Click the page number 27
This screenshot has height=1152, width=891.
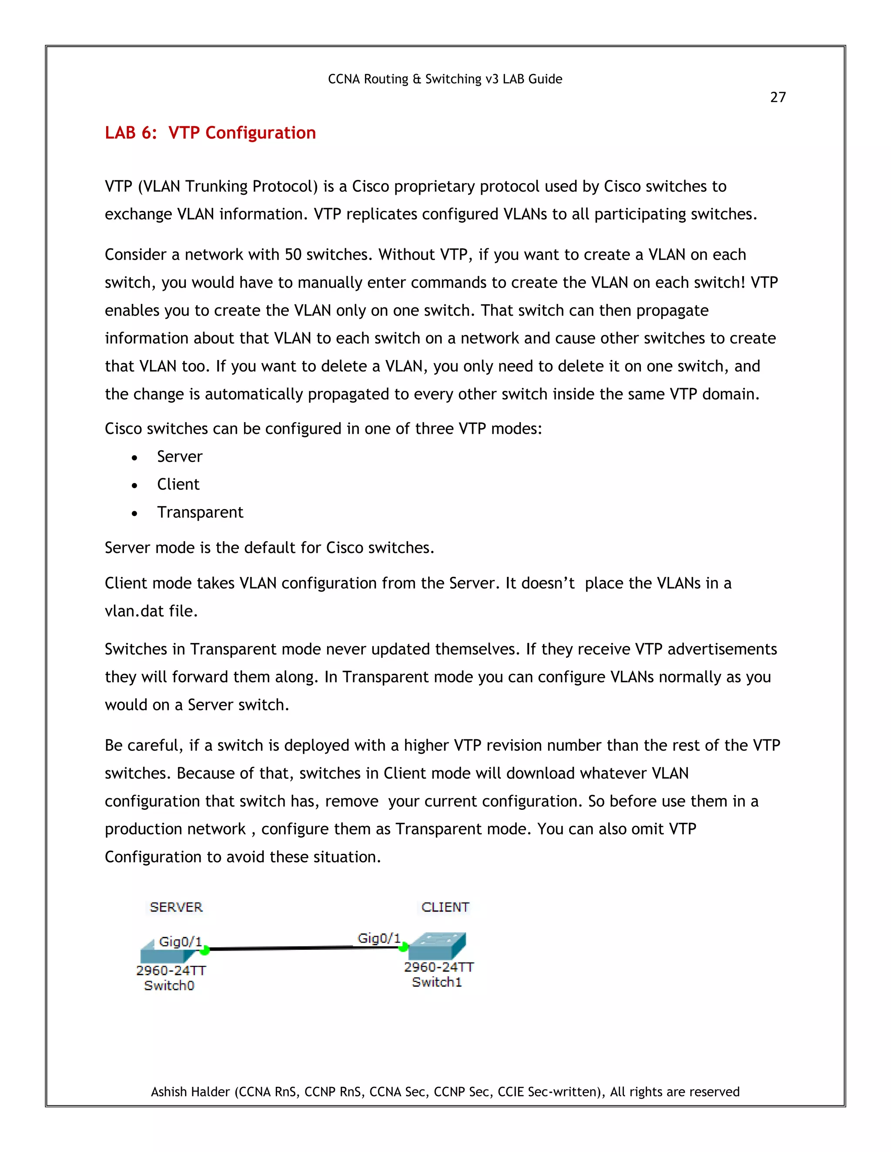777,97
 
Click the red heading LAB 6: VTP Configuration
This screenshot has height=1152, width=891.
210,133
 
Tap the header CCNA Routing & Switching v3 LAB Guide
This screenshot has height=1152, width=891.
445,79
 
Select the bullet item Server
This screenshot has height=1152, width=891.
180,456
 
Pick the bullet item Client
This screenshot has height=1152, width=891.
178,484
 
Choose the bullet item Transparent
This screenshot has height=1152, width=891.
200,512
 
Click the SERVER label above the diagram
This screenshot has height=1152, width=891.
176,907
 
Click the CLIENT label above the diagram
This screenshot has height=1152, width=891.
445,907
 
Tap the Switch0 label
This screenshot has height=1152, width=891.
169,986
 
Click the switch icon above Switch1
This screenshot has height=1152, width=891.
437,947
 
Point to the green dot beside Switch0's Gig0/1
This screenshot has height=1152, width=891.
205,950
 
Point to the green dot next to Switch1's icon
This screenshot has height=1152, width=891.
403,947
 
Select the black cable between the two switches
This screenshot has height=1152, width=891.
304,949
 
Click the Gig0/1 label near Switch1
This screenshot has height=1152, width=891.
379,939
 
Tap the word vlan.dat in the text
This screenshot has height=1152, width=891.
134,611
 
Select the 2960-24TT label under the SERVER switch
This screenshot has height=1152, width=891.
171,971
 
